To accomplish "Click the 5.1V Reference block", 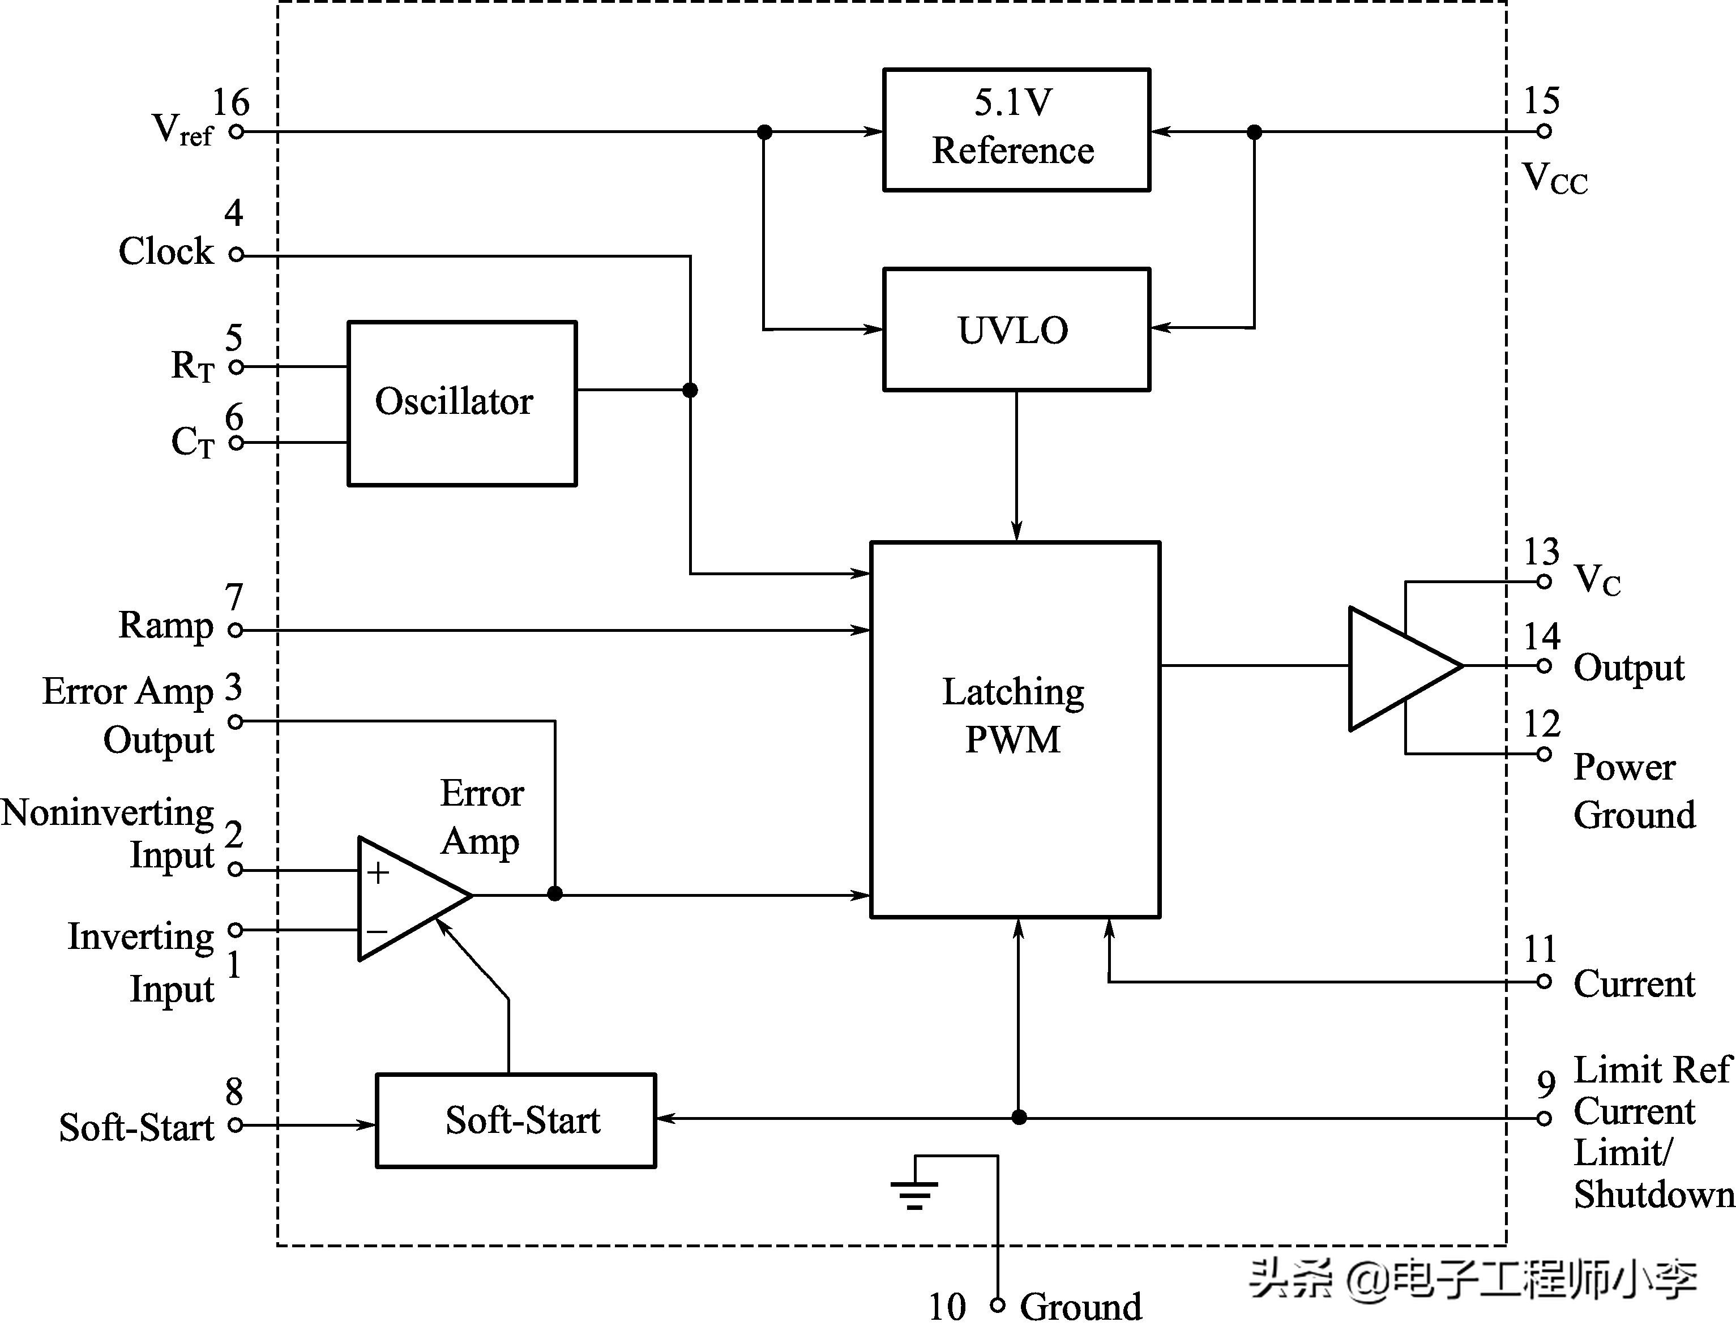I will pyautogui.click(x=1016, y=130).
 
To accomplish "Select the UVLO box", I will pyautogui.click(x=1016, y=330).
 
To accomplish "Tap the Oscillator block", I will pyautogui.click(x=462, y=403).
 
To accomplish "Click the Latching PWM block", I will pyautogui.click(x=1015, y=729).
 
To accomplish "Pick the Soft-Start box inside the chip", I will pyautogui.click(x=516, y=1120).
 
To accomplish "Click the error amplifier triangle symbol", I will pyautogui.click(x=405, y=898).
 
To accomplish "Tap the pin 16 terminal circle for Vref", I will pyautogui.click(x=236, y=132).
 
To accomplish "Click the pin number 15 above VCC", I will pyautogui.click(x=1541, y=101).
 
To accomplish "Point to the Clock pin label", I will pyautogui.click(x=165, y=252).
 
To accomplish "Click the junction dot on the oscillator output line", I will pyautogui.click(x=690, y=390).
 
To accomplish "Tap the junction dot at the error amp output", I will pyautogui.click(x=555, y=894).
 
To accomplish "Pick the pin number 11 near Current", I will pyautogui.click(x=1540, y=949).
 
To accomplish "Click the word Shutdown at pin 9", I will pyautogui.click(x=1653, y=1195).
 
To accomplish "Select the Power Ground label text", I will pyautogui.click(x=1634, y=792).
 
